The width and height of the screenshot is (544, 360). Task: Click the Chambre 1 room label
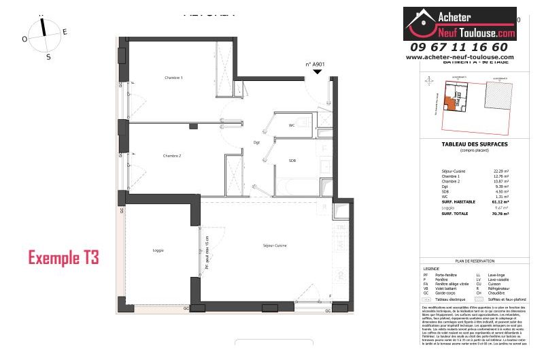[173, 78]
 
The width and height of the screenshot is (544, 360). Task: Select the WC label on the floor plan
[292, 126]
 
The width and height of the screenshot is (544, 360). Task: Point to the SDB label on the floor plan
[292, 161]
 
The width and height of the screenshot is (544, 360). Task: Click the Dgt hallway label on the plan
[256, 142]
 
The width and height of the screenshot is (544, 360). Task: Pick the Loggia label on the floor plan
[158, 250]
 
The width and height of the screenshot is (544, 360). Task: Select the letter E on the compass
[65, 31]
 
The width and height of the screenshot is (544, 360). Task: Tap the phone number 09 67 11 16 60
[459, 47]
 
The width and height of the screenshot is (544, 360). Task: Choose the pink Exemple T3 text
[63, 258]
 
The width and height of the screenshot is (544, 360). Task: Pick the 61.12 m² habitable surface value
[500, 202]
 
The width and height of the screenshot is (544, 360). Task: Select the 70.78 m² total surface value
[500, 214]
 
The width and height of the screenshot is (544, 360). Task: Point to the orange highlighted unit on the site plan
[449, 104]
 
